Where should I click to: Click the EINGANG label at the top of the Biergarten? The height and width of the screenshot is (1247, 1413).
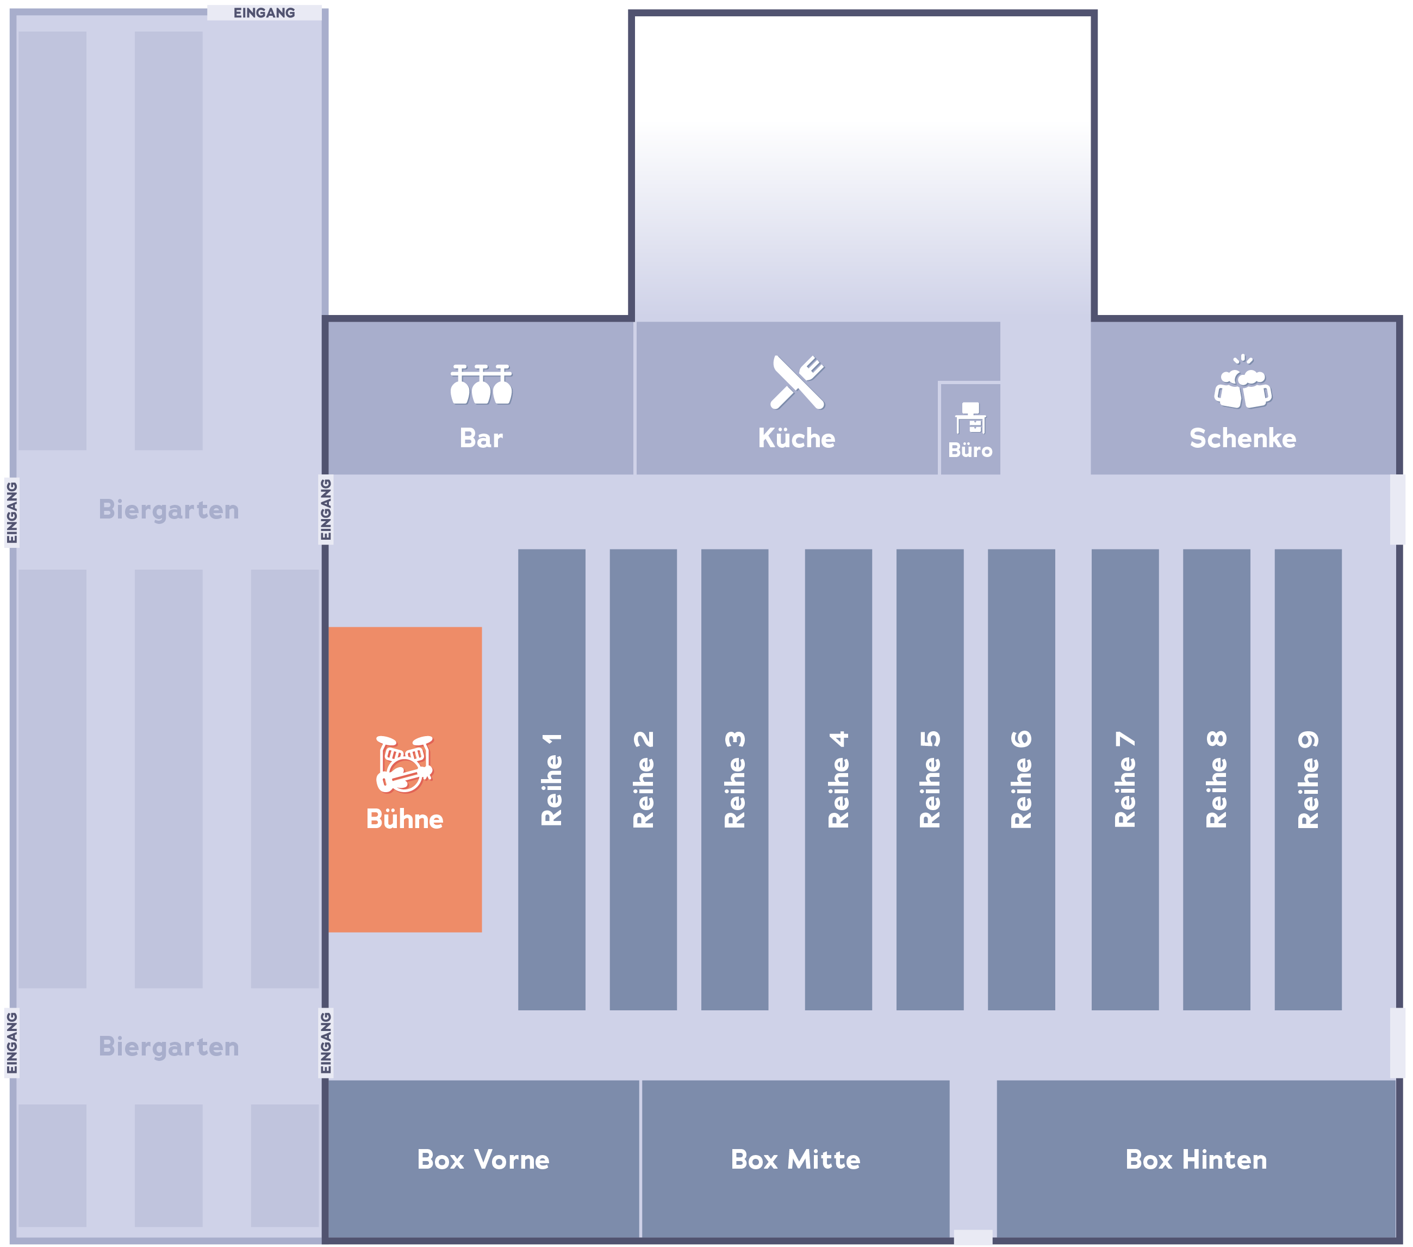[x=264, y=13]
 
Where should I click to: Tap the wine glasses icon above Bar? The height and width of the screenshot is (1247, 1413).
[x=481, y=384]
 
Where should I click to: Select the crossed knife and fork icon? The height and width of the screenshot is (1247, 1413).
[x=797, y=382]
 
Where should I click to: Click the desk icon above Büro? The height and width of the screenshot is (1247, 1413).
[x=970, y=418]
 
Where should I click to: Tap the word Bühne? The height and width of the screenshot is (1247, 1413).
[x=404, y=819]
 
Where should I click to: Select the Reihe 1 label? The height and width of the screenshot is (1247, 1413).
[x=552, y=780]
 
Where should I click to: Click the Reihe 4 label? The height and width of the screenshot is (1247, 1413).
[x=838, y=780]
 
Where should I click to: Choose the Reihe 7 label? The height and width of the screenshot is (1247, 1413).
[x=1125, y=780]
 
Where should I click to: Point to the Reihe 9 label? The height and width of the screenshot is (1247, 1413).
[x=1308, y=780]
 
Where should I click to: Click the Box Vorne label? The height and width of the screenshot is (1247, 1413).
[x=483, y=1159]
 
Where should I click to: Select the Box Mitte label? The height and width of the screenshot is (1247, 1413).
[x=796, y=1159]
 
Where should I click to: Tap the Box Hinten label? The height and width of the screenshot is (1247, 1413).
[x=1197, y=1159]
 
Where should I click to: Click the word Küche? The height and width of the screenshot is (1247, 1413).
[x=797, y=438]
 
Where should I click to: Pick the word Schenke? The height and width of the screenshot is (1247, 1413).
[x=1243, y=438]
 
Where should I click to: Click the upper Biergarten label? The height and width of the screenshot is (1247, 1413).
[x=169, y=510]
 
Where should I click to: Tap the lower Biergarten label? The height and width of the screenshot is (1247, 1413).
[x=169, y=1046]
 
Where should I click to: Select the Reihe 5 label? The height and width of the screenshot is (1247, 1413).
[x=930, y=780]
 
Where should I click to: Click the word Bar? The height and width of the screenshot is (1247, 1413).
[x=481, y=438]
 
